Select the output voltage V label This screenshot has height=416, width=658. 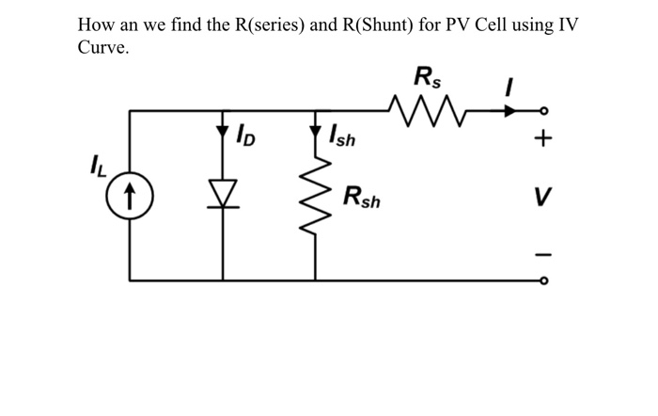tap(541, 199)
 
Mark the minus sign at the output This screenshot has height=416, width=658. tap(541, 252)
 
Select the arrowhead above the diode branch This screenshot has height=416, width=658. tap(223, 129)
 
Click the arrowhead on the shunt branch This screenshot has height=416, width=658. tap(317, 129)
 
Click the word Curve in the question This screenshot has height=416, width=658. tap(102, 49)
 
